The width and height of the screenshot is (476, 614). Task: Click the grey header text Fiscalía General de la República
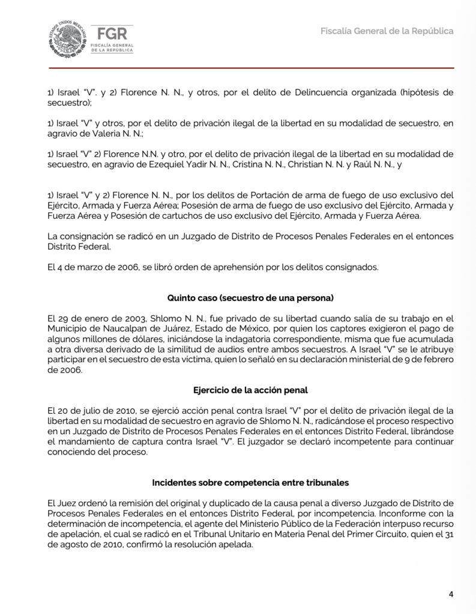(387, 31)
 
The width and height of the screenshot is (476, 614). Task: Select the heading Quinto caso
(250, 297)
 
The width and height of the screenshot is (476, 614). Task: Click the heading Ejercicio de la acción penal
(250, 390)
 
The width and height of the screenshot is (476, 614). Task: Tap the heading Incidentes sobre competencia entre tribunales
(250, 482)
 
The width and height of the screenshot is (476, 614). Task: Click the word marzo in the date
(88, 267)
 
